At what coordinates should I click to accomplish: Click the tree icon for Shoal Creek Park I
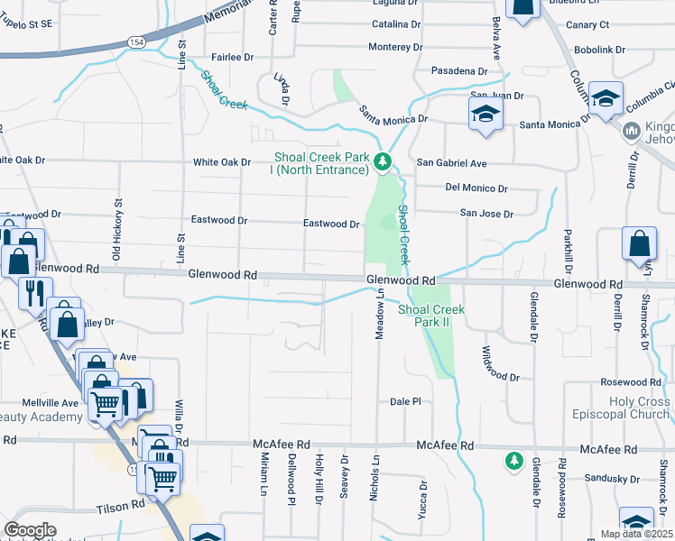(384, 162)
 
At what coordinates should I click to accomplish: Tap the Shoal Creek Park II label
(431, 316)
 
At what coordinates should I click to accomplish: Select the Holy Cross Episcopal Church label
(622, 408)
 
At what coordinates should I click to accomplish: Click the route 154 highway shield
(135, 42)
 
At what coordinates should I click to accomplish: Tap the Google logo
(30, 530)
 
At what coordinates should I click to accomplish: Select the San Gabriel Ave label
(451, 163)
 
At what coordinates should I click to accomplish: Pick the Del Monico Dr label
(476, 188)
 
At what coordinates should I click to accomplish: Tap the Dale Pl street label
(405, 401)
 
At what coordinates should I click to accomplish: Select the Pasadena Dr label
(458, 70)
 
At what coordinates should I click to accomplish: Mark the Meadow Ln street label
(380, 316)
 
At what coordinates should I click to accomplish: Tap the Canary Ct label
(587, 24)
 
